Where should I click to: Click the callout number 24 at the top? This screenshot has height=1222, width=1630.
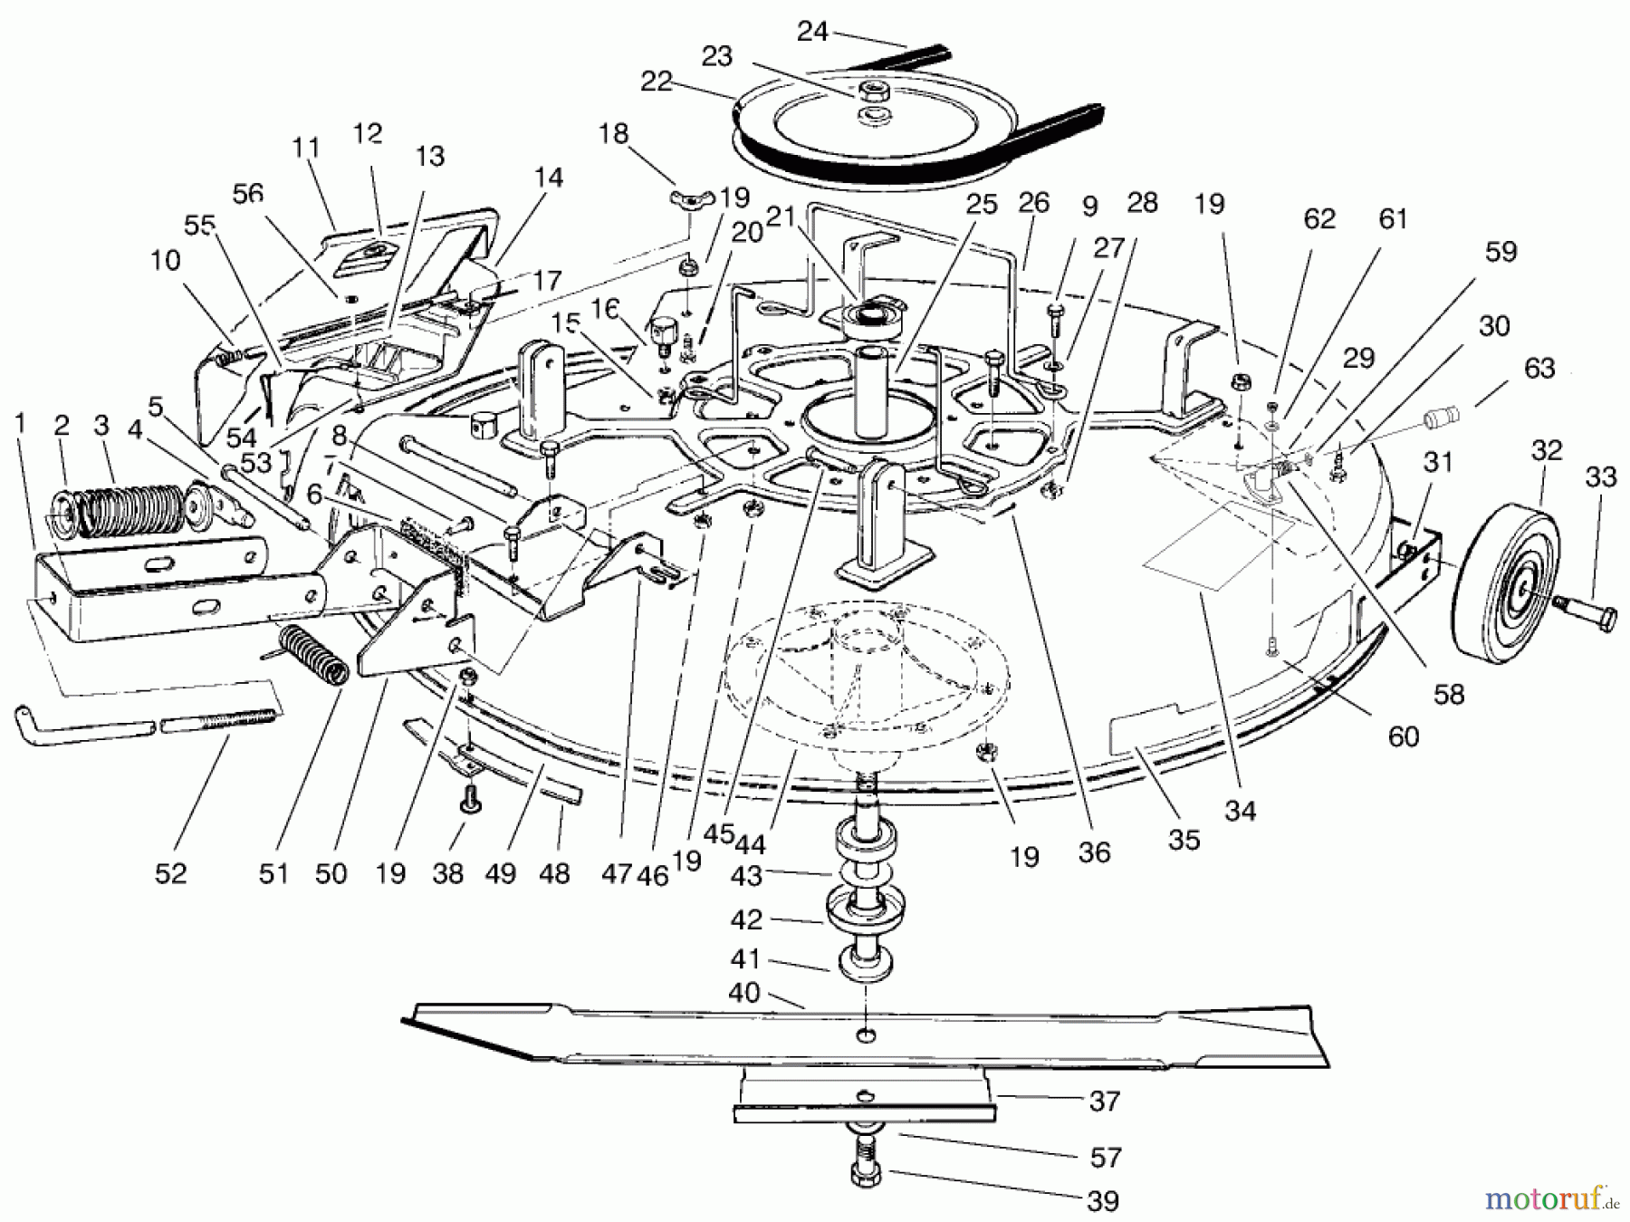(x=812, y=32)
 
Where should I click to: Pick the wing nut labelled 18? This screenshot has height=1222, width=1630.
(x=691, y=197)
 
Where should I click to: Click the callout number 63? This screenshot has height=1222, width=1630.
(x=1539, y=369)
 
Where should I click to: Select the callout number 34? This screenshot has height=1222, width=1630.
(x=1240, y=810)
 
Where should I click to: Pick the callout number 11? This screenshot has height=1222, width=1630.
(x=307, y=147)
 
